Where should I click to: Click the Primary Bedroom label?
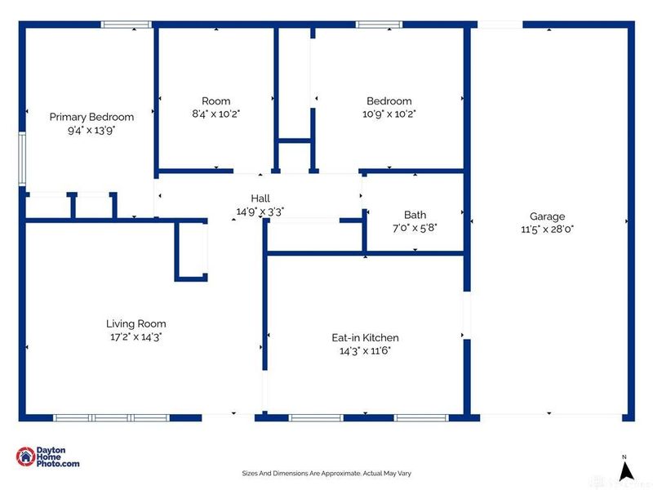pos(91,117)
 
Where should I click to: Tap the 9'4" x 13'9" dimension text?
pos(91,131)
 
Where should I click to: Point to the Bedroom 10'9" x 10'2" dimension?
pos(389,114)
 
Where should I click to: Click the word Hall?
pos(260,198)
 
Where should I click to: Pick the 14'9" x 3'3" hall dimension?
pos(260,212)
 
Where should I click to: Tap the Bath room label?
pos(415,215)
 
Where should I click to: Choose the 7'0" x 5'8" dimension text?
pos(415,228)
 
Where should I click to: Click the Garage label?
pos(547,216)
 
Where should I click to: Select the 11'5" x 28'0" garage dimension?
pos(547,229)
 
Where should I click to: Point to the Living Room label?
pos(136,323)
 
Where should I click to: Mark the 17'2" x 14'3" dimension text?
pos(136,337)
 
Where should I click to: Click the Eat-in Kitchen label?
pos(365,337)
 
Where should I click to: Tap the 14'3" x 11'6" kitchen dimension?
pos(365,351)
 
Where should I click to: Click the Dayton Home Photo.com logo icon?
pos(25,457)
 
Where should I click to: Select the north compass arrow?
pos(624,471)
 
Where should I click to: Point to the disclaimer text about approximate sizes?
pos(326,474)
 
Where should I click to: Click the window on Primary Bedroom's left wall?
pos(22,158)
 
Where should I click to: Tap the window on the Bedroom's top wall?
pos(379,24)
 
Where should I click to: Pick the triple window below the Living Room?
pos(111,417)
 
